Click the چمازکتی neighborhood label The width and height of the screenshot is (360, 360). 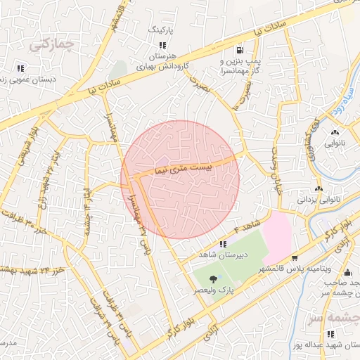[x=51, y=44]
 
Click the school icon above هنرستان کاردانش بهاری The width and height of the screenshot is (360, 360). [x=162, y=45]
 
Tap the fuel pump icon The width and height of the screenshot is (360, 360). [x=240, y=50]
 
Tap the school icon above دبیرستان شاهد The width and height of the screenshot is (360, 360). [x=223, y=244]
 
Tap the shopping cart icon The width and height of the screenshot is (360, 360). [x=294, y=257]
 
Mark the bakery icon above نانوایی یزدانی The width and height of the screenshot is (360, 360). [x=319, y=188]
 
